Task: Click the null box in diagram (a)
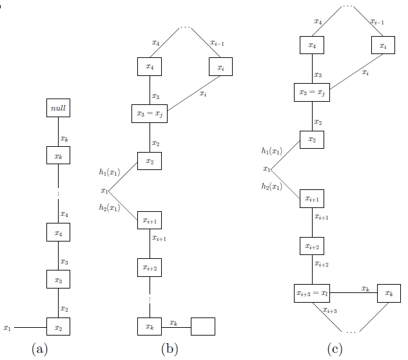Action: (x=58, y=108)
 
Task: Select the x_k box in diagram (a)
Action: (x=58, y=155)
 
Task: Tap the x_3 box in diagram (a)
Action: (x=58, y=280)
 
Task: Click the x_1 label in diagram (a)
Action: (x=7, y=328)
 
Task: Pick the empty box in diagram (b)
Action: (x=203, y=327)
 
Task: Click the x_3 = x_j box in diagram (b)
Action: (x=150, y=113)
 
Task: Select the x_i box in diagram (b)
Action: (x=221, y=66)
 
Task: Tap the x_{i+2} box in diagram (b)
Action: (x=150, y=267)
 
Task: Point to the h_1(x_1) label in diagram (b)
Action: (x=110, y=173)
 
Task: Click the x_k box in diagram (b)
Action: (x=150, y=327)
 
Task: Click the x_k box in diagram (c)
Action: (x=389, y=293)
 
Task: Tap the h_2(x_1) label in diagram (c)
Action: (x=271, y=187)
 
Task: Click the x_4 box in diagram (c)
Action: (x=312, y=46)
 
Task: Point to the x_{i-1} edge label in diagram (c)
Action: (x=377, y=22)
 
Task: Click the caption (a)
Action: (x=39, y=349)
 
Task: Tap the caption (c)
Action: (x=335, y=349)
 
